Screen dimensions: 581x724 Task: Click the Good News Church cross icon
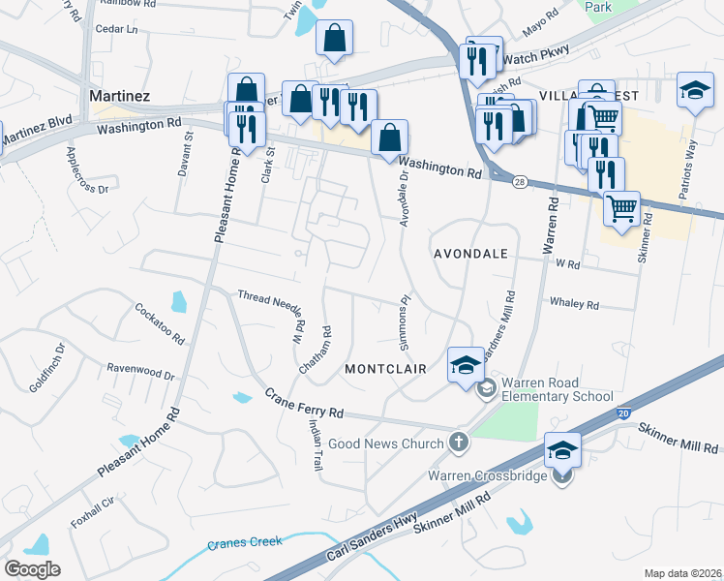point(460,443)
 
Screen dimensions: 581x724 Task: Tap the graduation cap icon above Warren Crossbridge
point(562,449)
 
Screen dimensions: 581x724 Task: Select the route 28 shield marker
point(520,182)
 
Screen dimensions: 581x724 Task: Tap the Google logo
point(33,568)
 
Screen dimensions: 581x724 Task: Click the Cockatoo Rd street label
point(160,324)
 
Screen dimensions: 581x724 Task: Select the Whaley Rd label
point(574,304)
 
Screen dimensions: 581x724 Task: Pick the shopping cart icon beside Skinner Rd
point(621,206)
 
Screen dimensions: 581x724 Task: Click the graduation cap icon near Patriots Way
point(695,90)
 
